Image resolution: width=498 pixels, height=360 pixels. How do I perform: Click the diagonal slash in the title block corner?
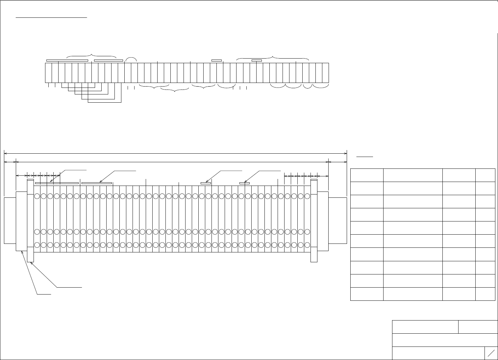click(x=491, y=353)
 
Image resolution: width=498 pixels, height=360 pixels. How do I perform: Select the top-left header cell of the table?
click(x=367, y=175)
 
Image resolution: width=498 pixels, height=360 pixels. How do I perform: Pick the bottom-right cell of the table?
click(x=485, y=294)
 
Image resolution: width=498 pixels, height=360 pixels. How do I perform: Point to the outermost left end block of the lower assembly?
click(x=10, y=220)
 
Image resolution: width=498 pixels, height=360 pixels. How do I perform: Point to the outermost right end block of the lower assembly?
click(x=338, y=220)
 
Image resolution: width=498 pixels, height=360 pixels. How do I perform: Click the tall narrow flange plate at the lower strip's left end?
click(x=30, y=220)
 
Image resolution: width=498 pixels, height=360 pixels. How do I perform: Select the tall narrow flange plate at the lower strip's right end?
click(x=314, y=220)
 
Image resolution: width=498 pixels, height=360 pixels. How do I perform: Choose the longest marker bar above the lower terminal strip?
click(x=57, y=183)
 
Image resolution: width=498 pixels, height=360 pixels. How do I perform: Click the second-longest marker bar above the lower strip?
click(x=97, y=183)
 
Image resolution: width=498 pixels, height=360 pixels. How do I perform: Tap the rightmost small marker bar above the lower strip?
click(x=244, y=183)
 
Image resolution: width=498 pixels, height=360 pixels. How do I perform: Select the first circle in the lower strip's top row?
click(x=37, y=196)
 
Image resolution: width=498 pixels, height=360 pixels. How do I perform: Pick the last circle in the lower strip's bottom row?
click(x=307, y=245)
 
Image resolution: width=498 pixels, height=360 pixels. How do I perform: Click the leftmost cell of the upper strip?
click(x=48, y=72)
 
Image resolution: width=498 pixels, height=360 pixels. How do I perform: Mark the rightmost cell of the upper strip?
click(x=325, y=72)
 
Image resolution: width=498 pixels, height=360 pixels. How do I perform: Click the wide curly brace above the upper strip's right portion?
click(x=273, y=57)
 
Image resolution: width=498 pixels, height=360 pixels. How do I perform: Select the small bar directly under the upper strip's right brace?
click(x=257, y=61)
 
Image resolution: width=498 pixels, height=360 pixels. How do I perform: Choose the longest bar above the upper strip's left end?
click(x=67, y=61)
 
